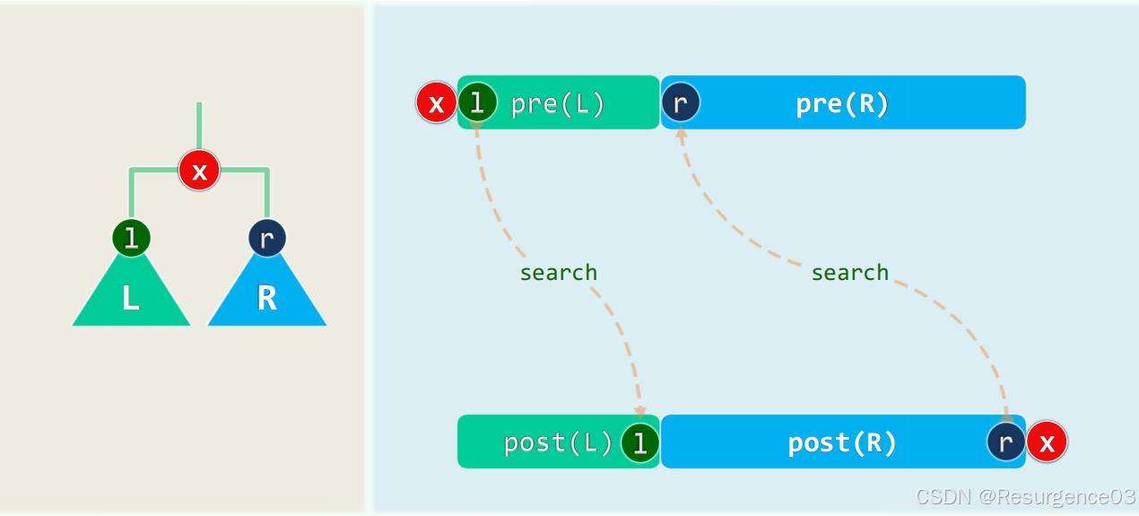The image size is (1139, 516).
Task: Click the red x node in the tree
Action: (199, 170)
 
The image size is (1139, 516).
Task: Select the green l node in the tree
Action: (131, 238)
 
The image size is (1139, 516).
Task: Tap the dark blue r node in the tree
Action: (266, 239)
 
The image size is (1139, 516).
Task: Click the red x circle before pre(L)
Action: (436, 104)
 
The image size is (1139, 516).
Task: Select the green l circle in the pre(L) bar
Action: (477, 103)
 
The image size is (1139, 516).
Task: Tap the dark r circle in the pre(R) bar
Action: (681, 103)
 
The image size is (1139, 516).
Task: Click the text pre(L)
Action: (558, 104)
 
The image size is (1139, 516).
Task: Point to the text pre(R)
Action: (842, 104)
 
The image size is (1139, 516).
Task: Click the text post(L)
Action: (558, 442)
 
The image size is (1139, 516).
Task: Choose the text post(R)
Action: (842, 442)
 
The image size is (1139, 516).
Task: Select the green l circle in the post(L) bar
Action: (640, 442)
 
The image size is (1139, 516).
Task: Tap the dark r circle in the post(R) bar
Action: (1005, 442)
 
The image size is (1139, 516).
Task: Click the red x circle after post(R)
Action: (1047, 442)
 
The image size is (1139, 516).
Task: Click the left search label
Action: (558, 272)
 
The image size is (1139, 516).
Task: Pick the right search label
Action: (849, 272)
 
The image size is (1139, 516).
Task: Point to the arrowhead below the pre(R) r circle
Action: (681, 132)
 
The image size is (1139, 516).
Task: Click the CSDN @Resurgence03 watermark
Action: (1025, 496)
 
